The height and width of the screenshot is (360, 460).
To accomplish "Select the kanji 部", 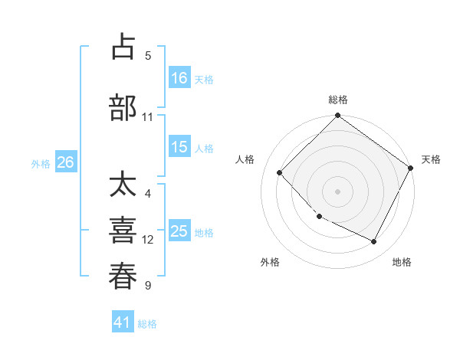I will [x=123, y=107].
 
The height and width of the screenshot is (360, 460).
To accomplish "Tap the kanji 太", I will [x=123, y=186].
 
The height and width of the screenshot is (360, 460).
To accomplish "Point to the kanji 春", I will [x=123, y=276].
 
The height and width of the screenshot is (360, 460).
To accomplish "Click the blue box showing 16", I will [x=180, y=78].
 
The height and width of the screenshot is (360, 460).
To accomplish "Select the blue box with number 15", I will [x=180, y=148].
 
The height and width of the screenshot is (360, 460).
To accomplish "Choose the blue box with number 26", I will [x=65, y=162].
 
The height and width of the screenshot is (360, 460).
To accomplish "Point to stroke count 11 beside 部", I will [x=148, y=116].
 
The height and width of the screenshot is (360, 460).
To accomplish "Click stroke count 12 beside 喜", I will [x=148, y=239].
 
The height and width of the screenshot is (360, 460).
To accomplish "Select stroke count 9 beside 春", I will [x=148, y=286].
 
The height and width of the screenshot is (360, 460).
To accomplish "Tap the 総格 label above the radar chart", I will [x=338, y=100].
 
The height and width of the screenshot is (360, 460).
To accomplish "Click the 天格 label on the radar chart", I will [x=431, y=159].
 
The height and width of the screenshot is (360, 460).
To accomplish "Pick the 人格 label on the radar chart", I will [x=245, y=159].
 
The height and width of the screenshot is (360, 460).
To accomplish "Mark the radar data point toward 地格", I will [x=374, y=242].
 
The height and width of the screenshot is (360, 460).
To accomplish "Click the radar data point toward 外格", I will [x=320, y=217].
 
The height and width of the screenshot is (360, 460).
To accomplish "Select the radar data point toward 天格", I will [x=412, y=168].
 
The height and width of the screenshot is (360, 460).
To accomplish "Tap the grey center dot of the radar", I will [x=337, y=191].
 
